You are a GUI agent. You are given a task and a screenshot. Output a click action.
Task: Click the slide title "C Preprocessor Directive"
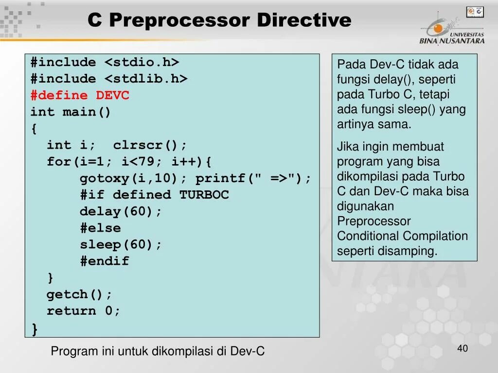click(x=219, y=20)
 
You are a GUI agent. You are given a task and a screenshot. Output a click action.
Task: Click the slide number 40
click(x=462, y=349)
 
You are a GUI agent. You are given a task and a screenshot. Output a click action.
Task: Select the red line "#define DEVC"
click(x=80, y=95)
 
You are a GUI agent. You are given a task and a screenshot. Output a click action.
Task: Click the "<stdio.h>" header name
click(x=142, y=62)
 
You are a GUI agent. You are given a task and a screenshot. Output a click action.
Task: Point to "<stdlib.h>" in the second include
click(x=146, y=79)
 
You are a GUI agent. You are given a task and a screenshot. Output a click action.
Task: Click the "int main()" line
click(x=71, y=112)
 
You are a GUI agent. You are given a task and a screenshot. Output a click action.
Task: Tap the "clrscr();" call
click(x=150, y=145)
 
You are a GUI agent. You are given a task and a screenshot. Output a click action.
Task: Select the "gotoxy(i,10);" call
click(x=133, y=178)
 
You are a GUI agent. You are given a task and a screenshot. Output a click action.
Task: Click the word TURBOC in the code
click(x=204, y=195)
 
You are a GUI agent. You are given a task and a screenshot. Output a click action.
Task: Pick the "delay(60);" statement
click(x=121, y=211)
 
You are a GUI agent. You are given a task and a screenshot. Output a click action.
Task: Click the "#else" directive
click(x=100, y=228)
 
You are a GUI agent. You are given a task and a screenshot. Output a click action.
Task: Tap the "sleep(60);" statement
click(x=121, y=244)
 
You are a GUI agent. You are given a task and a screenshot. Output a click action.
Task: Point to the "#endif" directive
click(x=105, y=261)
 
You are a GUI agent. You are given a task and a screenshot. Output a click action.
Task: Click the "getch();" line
click(x=79, y=294)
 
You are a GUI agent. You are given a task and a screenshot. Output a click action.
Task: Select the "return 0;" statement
click(x=83, y=311)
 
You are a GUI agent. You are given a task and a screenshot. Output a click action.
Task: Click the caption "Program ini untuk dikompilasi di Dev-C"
click(x=158, y=351)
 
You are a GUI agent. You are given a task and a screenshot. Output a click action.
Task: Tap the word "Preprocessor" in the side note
click(x=367, y=221)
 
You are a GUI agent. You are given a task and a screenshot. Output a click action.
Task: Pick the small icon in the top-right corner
click(x=475, y=12)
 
